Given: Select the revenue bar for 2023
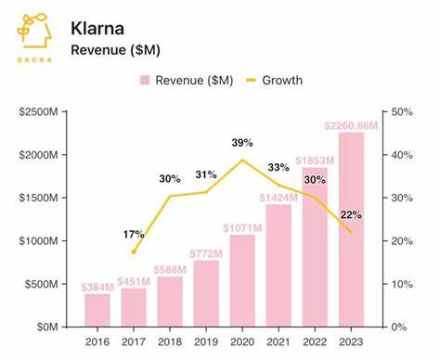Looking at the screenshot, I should (x=351, y=229).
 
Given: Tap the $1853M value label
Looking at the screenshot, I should (x=314, y=160).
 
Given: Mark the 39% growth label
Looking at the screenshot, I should (x=241, y=142).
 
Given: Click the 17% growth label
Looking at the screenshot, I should (x=133, y=235).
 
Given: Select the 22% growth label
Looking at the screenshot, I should (x=350, y=214).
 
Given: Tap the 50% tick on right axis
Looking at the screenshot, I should (x=401, y=112).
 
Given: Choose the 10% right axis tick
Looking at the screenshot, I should (x=401, y=284).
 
